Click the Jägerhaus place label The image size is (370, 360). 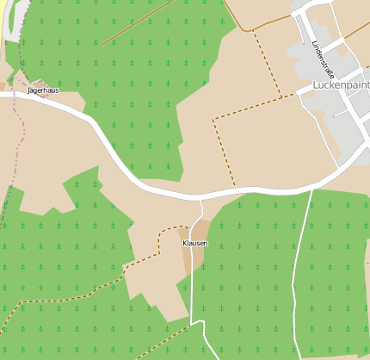pos(43,90)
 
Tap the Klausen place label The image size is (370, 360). pos(195,244)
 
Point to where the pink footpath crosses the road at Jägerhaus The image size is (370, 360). pos(16,95)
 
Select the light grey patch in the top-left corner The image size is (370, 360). pos(10,17)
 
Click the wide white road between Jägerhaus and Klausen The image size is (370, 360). pos(120,155)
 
